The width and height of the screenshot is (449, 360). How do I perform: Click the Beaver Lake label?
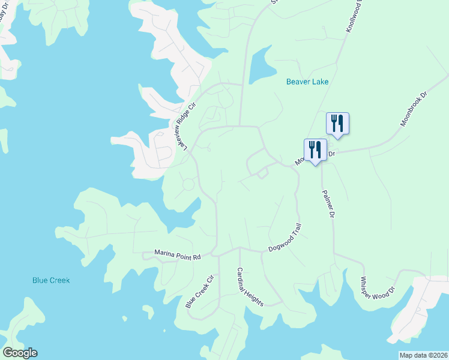click(x=307, y=82)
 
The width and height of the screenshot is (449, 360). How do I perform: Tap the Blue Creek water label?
click(x=51, y=280)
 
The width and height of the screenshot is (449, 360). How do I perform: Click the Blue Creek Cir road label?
click(x=199, y=292)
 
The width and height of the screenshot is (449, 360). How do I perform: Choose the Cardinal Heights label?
click(x=250, y=287)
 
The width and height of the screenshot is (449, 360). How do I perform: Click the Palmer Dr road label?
click(x=328, y=203)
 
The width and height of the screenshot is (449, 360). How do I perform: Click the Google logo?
click(x=20, y=353)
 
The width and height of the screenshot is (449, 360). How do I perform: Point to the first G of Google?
click(x=7, y=353)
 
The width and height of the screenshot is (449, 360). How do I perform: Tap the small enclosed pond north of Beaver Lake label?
click(x=261, y=66)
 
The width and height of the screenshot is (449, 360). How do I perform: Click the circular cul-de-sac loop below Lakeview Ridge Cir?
click(x=188, y=184)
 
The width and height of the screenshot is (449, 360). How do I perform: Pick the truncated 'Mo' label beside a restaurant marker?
click(x=299, y=161)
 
